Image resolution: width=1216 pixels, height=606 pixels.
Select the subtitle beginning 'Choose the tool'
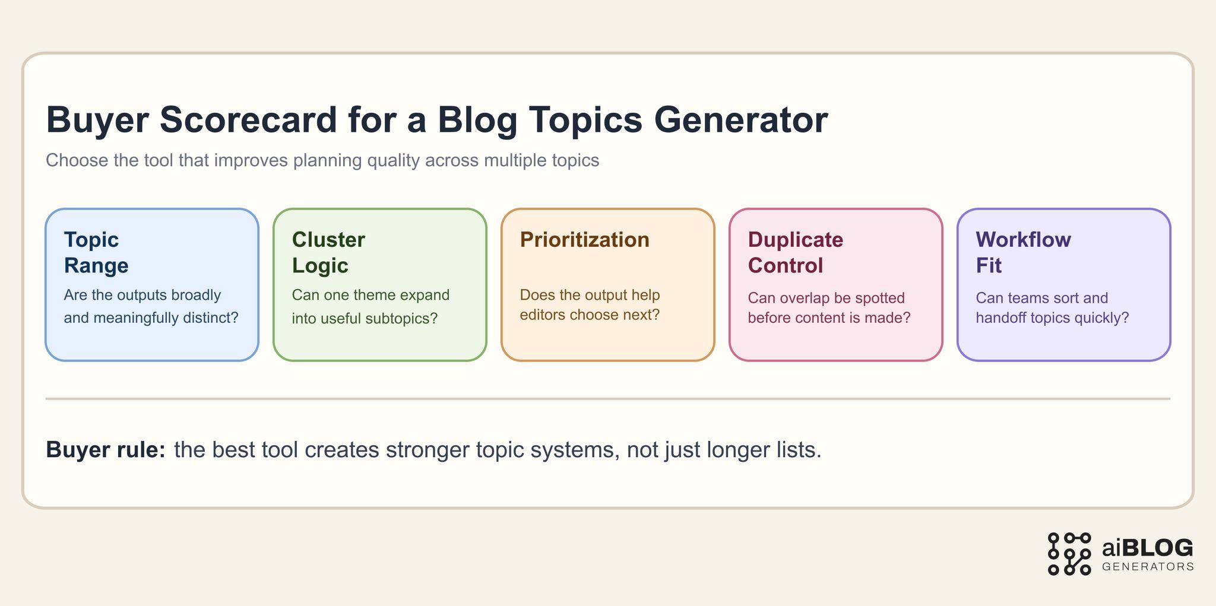pos(322,160)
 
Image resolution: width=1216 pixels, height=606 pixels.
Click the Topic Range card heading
pos(96,252)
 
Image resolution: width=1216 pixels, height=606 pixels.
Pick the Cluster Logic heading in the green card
pos(328,252)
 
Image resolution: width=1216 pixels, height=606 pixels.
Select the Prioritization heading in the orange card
pos(584,240)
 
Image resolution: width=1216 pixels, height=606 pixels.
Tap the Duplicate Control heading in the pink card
pos(795,252)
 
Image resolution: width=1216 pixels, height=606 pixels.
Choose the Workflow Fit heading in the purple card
pos(1023,252)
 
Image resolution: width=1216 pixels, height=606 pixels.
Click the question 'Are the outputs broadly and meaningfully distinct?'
pos(151,306)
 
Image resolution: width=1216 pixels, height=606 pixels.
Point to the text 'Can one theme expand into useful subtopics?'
pos(370,306)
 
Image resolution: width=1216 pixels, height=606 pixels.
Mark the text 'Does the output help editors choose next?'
pos(590,304)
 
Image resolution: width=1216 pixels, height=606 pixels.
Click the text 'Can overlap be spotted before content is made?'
pos(829,307)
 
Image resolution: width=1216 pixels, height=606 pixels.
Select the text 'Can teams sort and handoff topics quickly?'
pos(1052,307)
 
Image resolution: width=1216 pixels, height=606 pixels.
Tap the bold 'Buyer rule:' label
pos(106,450)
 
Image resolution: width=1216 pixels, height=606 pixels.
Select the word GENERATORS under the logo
pos(1147,567)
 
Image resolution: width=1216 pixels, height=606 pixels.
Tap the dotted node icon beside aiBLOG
pos(1069,554)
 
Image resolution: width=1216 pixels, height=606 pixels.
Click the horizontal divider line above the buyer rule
pos(607,399)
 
